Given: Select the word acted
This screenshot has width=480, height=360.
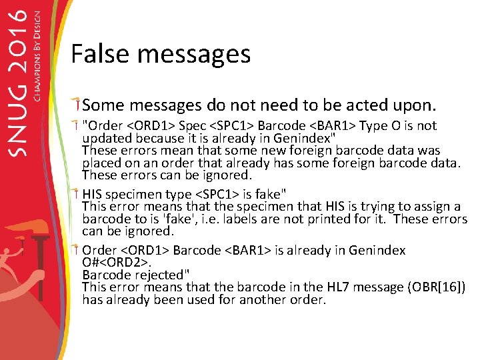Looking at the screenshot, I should [373, 105].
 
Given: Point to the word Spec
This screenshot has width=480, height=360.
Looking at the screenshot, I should [194, 125].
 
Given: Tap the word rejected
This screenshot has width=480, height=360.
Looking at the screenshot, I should [161, 275].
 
